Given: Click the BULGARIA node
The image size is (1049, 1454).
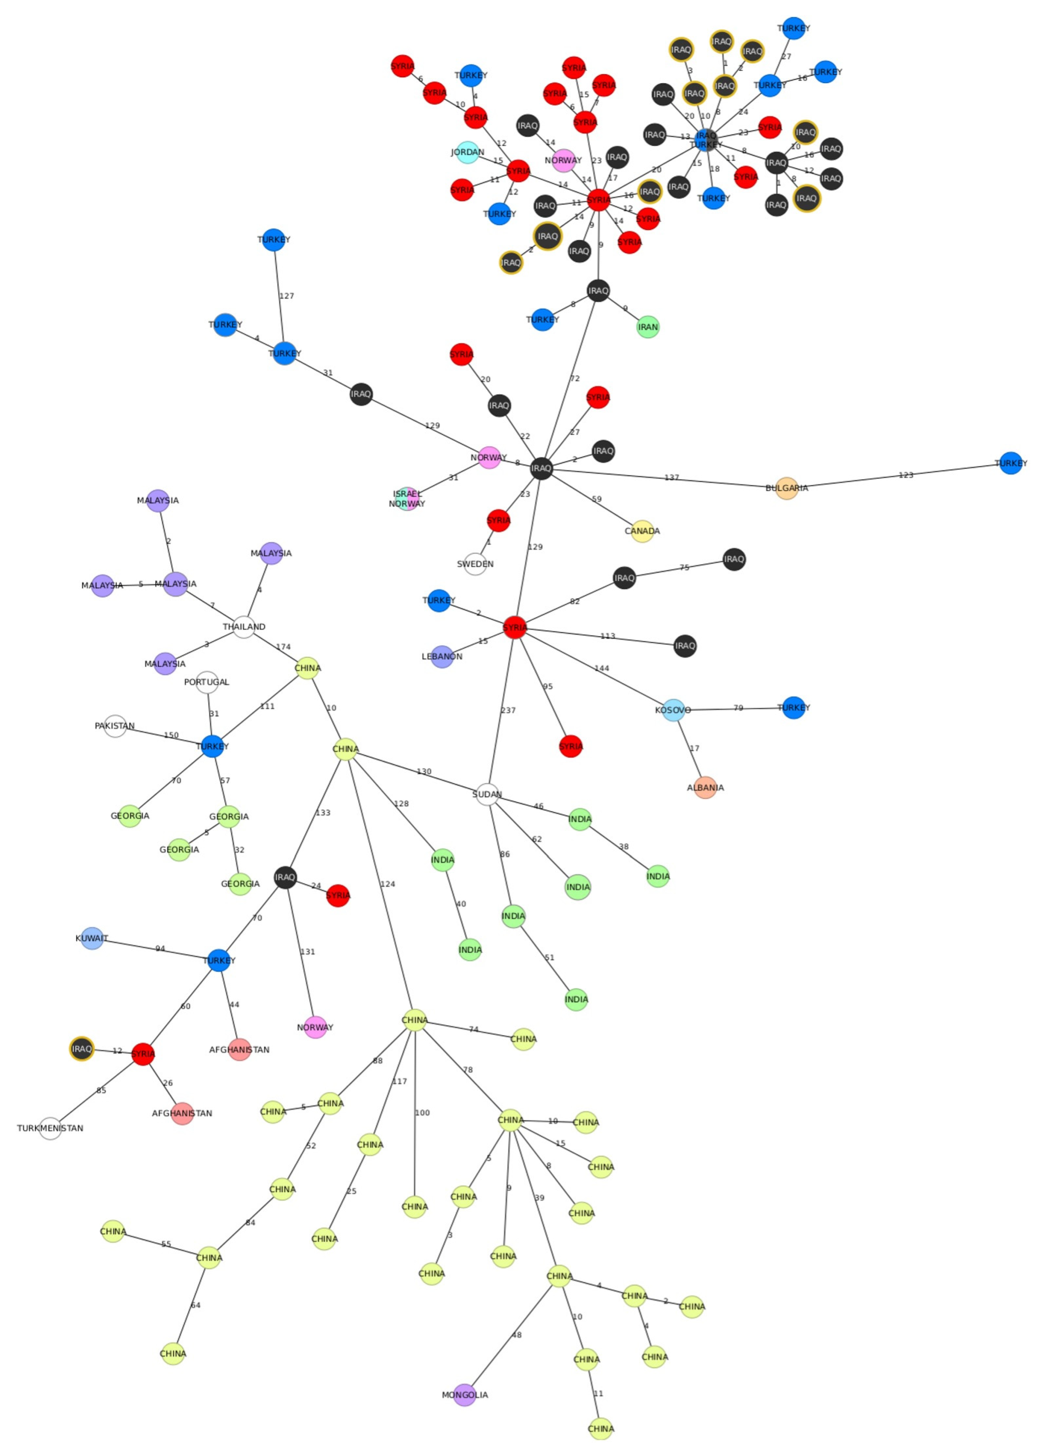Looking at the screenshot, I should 786,488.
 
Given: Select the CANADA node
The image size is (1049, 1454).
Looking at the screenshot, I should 642,531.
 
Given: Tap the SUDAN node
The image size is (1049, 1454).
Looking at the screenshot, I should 487,794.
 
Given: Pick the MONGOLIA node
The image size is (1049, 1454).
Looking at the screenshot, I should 465,1394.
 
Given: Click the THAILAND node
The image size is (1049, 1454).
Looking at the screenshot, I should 243,626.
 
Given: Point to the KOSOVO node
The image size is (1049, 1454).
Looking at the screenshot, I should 673,710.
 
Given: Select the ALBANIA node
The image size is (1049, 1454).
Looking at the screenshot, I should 705,787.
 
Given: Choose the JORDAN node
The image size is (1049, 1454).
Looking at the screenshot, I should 468,152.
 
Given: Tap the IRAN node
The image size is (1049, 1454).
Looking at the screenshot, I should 648,327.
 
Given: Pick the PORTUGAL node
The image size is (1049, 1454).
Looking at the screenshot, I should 206,682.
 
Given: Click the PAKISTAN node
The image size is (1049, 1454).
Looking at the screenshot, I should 115,726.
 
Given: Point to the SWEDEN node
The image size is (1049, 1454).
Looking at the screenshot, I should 475,564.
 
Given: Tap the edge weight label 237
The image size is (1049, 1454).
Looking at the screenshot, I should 508,710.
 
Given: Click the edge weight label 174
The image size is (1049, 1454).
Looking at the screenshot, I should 283,647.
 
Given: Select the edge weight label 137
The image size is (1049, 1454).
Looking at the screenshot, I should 671,478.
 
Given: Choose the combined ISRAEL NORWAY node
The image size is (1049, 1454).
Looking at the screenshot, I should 407,499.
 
